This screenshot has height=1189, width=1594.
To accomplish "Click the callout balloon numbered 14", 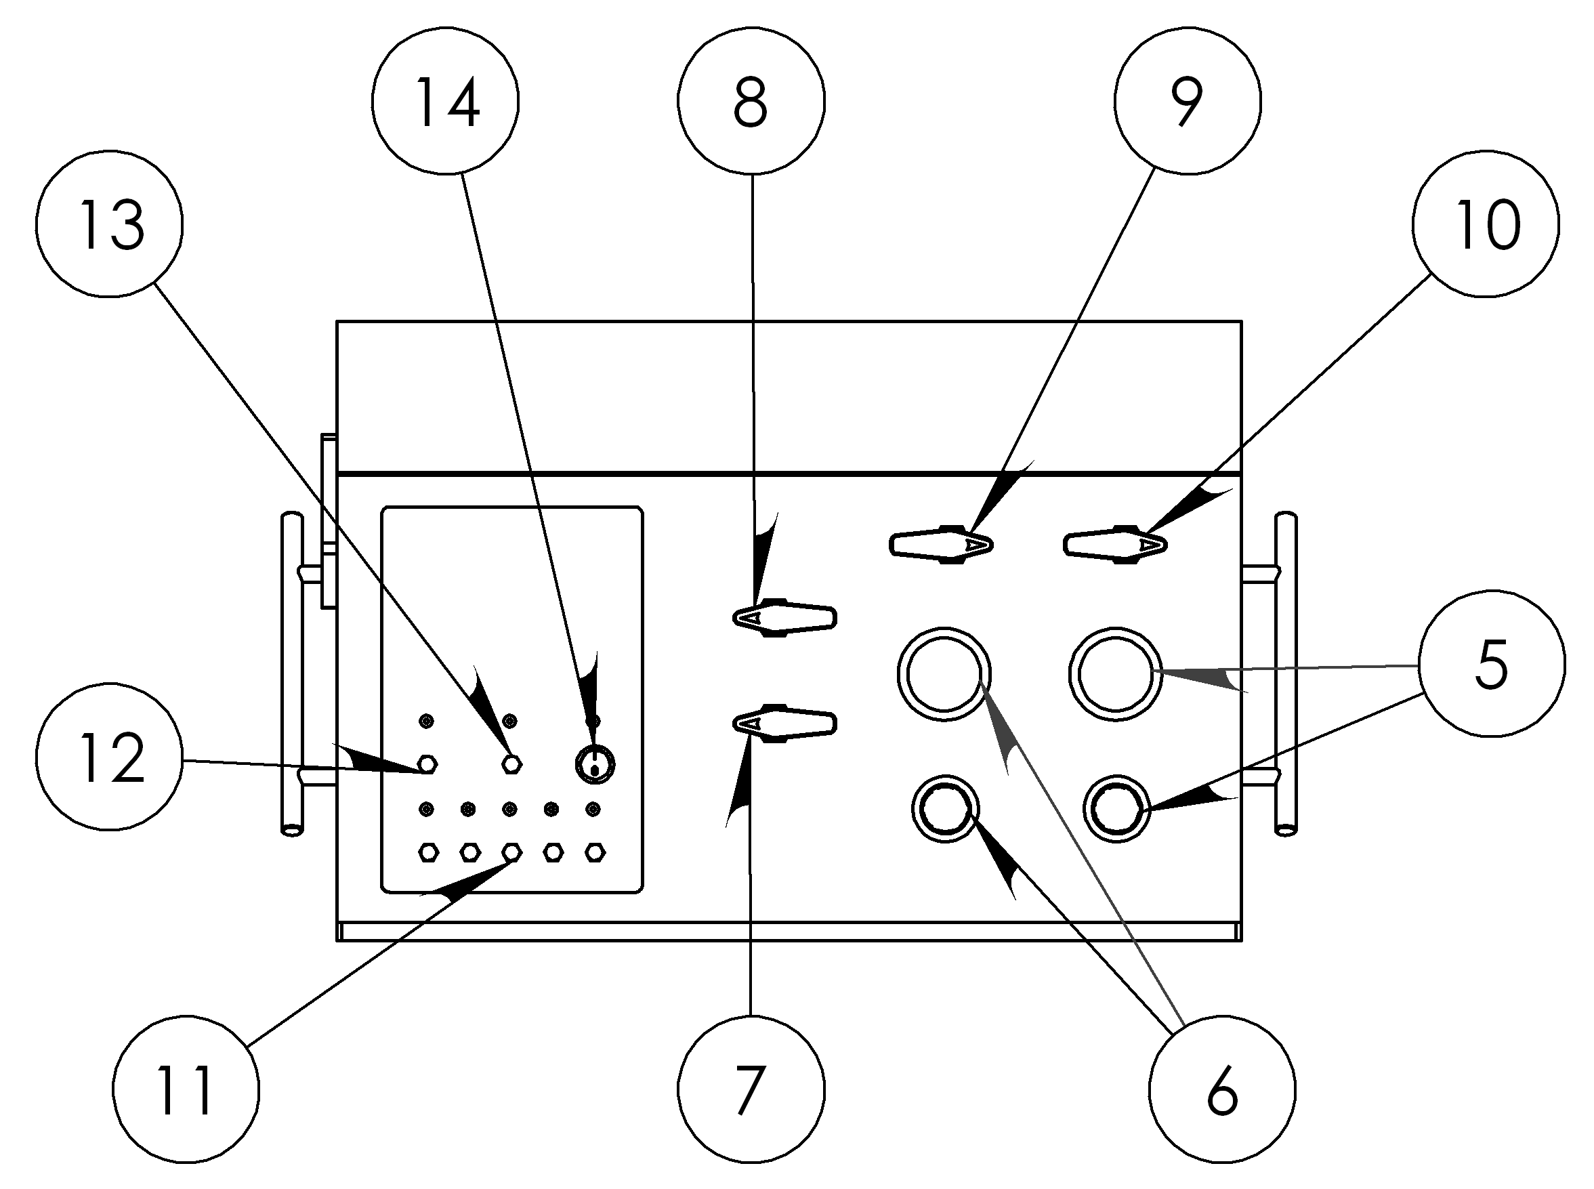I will pos(446,101).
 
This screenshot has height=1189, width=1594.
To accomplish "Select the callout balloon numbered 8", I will pos(751,101).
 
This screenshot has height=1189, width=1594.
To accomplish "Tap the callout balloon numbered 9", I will pos(1188,101).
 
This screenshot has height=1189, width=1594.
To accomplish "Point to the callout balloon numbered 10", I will pos(1486,224).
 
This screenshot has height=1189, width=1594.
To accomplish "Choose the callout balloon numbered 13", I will pos(109,224).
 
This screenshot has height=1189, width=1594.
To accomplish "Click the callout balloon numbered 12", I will pos(109,757).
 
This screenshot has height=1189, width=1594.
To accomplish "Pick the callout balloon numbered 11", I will pos(186,1089).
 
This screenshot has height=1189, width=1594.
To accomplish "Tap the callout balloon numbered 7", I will pos(751,1089).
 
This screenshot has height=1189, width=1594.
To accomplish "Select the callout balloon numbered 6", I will pos(1222,1089).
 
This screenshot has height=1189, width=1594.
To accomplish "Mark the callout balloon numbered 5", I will pos(1491,663).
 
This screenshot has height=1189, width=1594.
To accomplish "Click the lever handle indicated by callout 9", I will pos(941,545).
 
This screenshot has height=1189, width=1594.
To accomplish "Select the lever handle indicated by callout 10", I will pos(1115,545).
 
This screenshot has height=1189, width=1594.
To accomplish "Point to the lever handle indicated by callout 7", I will pos(784,723).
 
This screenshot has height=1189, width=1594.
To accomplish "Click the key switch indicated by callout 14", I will pos(595,764).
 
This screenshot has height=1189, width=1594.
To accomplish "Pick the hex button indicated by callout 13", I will pos(511,764).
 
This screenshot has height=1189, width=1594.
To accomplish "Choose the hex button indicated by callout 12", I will pos(427,764).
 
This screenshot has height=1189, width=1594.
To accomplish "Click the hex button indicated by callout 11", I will pos(511,853).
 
